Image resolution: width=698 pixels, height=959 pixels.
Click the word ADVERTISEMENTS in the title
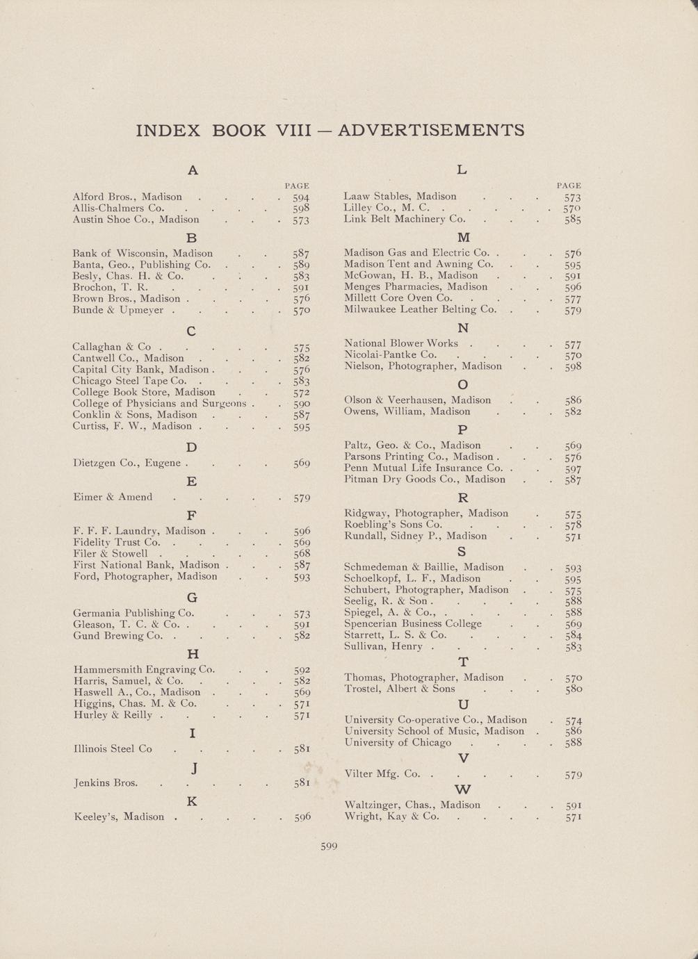[430, 130]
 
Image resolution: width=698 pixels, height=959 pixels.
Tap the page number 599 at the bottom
[328, 846]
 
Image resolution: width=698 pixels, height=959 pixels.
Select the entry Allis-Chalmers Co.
[118, 208]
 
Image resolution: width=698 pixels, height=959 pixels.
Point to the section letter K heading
[192, 801]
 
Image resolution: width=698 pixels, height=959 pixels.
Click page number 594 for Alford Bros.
[300, 197]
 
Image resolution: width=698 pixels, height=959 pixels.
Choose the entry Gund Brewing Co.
[118, 635]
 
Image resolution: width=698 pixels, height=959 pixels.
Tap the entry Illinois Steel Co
[113, 748]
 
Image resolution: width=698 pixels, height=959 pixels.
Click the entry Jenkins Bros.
[105, 782]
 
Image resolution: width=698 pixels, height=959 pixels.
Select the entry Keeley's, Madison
[119, 817]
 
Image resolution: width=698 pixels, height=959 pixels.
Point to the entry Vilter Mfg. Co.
[382, 773]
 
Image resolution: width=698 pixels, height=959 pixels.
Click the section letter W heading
[462, 789]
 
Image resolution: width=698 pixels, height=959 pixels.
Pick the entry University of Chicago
[398, 742]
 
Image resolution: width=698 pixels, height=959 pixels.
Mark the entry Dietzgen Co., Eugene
[127, 463]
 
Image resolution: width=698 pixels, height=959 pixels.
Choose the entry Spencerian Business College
[413, 623]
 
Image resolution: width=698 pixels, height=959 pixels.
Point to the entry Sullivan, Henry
[383, 646]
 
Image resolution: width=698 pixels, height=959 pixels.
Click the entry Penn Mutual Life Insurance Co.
[423, 468]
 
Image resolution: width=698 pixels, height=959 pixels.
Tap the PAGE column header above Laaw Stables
[569, 186]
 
